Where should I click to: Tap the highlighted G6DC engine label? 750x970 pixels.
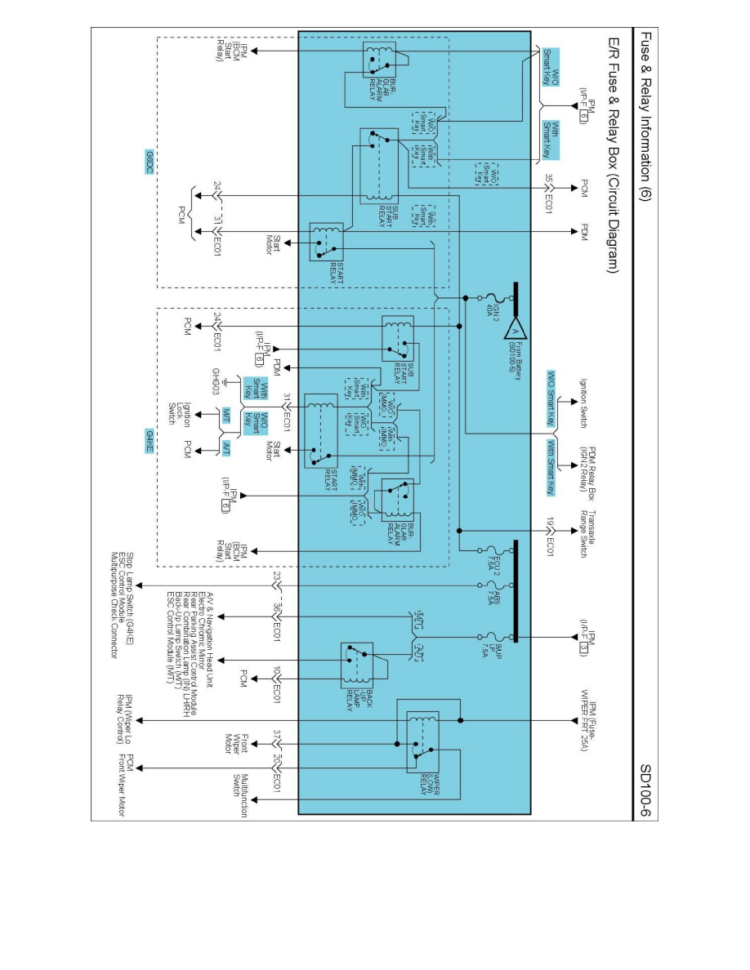point(149,161)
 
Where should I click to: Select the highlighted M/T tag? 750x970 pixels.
point(226,414)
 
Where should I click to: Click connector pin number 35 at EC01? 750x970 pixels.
point(549,179)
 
